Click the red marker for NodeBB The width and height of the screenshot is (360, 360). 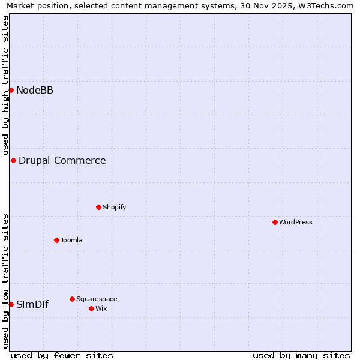pyautogui.click(x=11, y=90)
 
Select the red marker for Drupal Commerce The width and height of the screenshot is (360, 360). pyautogui.click(x=13, y=160)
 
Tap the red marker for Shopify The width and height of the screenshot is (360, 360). pyautogui.click(x=98, y=207)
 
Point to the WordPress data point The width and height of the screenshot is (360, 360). pyautogui.click(x=275, y=222)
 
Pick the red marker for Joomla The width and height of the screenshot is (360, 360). pyautogui.click(x=56, y=240)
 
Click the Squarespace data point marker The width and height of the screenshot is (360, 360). pyautogui.click(x=72, y=299)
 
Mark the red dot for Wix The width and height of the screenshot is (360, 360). pyautogui.click(x=91, y=308)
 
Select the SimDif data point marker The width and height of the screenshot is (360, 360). pyautogui.click(x=11, y=304)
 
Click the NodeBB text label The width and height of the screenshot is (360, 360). pyautogui.click(x=35, y=91)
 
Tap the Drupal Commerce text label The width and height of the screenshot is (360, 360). pyautogui.click(x=62, y=161)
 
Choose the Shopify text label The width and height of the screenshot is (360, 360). pyautogui.click(x=114, y=208)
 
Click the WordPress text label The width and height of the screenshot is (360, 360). pyautogui.click(x=295, y=223)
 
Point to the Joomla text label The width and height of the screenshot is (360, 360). pyautogui.click(x=71, y=241)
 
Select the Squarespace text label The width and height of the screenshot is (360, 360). pyautogui.click(x=97, y=299)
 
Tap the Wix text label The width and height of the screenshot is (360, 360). pyautogui.click(x=101, y=309)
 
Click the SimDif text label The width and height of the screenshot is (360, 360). pyautogui.click(x=32, y=305)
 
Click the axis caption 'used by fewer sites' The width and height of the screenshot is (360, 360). pyautogui.click(x=62, y=355)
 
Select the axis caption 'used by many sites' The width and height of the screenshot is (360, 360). pyautogui.click(x=301, y=355)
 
